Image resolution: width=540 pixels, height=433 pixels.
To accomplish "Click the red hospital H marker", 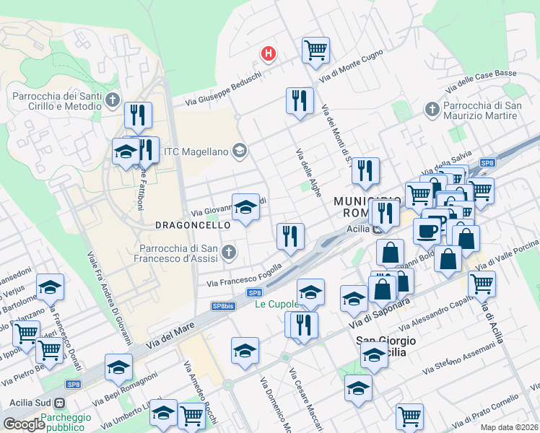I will [269, 53].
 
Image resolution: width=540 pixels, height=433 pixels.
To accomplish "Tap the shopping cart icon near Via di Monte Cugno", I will [315, 50].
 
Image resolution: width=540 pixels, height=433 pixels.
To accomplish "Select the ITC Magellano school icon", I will [240, 151].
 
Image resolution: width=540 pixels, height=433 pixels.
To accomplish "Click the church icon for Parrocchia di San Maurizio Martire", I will [432, 110].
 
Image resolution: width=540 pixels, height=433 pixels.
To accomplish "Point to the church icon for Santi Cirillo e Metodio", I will [112, 100].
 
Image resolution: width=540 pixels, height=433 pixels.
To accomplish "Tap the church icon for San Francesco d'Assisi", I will [229, 252].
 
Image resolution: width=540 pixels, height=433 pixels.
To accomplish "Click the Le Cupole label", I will [276, 304].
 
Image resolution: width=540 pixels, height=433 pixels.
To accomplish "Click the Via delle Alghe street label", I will [308, 171].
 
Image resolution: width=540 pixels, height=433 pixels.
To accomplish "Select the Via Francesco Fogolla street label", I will [245, 278].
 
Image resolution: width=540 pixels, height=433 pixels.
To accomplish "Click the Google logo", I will [24, 424].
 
